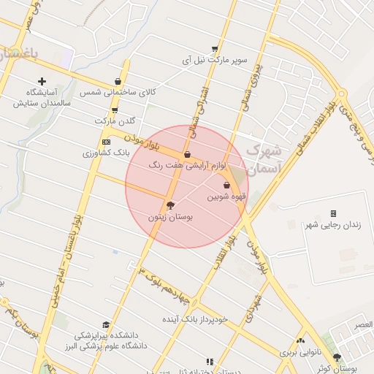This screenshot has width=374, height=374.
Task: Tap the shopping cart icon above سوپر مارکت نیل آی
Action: point(215,47)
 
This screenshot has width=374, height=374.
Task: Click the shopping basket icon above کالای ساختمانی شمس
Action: point(118,82)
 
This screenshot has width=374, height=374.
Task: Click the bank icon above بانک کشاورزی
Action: point(107,142)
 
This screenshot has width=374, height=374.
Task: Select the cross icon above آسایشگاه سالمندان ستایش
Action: point(42,81)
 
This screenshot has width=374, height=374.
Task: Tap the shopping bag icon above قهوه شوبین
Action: point(226,186)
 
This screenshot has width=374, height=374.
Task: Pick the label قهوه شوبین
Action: point(226,196)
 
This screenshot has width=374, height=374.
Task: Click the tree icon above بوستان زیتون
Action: point(170,205)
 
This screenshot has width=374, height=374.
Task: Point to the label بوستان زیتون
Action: point(169,217)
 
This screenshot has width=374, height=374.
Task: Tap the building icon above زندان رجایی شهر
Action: point(333,213)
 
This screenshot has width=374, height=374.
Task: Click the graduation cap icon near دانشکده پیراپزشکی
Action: point(107,324)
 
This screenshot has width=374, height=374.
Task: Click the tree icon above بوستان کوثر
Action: point(337,357)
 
